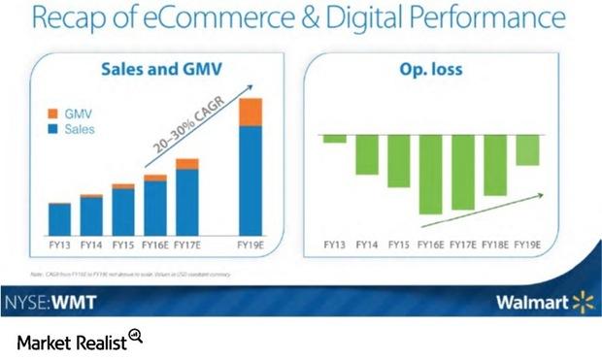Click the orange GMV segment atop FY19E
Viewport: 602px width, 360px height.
(x=251, y=112)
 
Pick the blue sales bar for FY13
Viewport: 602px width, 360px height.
(x=60, y=218)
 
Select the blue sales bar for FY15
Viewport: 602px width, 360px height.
(x=123, y=211)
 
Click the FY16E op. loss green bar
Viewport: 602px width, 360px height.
(x=431, y=175)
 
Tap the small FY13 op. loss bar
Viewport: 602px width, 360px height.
(x=335, y=139)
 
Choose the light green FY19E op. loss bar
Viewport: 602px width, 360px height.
(x=527, y=150)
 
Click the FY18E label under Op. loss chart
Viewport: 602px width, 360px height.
(x=495, y=244)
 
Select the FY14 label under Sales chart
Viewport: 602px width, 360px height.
(x=91, y=244)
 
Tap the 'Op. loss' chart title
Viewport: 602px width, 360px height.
(x=431, y=70)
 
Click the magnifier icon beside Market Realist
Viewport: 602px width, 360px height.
(x=135, y=337)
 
